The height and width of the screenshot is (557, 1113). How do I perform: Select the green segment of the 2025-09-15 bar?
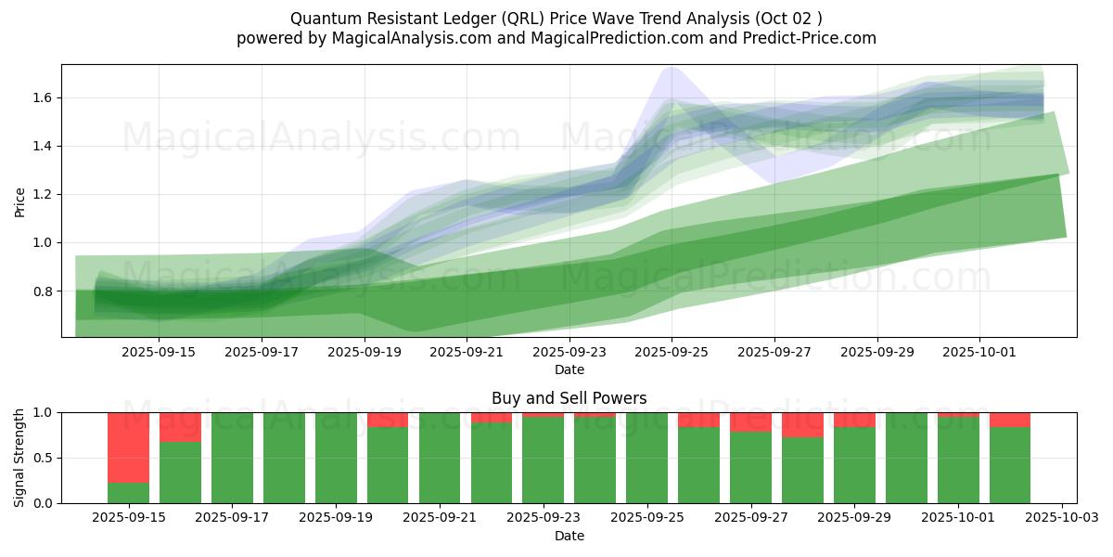(128, 493)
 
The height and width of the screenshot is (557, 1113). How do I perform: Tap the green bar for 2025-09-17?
(232, 458)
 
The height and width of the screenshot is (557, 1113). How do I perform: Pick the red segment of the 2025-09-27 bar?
(750, 422)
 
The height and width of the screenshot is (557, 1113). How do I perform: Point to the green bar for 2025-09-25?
(646, 458)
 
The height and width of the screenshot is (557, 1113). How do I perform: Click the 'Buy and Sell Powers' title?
(569, 398)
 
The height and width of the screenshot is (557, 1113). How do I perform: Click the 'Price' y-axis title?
(20, 201)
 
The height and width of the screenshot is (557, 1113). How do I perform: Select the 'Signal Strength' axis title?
(20, 458)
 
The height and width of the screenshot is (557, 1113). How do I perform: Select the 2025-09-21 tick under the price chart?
(467, 352)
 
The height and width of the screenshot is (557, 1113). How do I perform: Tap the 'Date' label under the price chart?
(569, 369)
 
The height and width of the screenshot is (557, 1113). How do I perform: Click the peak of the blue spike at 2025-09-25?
(670, 67)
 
